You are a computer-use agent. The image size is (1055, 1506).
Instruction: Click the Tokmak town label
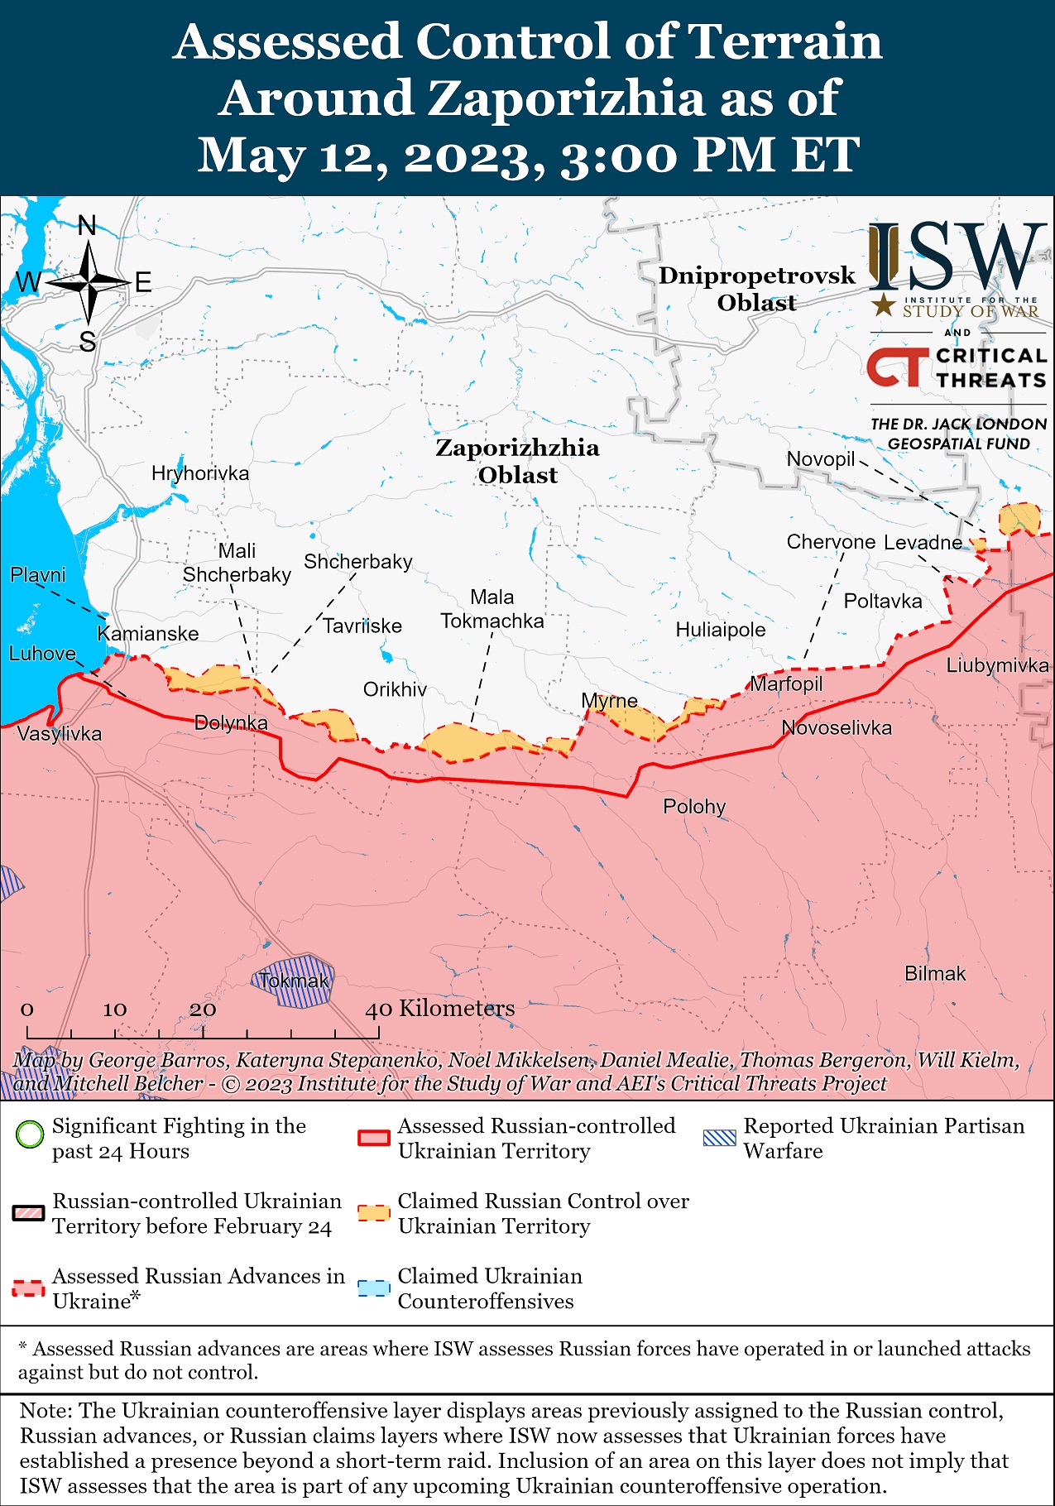click(294, 981)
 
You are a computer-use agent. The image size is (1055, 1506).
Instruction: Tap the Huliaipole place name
click(720, 630)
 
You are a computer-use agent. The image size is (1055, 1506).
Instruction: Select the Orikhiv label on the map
click(395, 689)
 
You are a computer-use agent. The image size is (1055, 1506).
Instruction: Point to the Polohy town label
click(693, 806)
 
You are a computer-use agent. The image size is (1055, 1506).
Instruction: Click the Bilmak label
click(934, 973)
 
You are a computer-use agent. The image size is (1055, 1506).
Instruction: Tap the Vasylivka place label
click(60, 733)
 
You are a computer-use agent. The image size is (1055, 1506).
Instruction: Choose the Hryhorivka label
click(199, 473)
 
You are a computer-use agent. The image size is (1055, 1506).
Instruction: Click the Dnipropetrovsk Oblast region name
click(756, 289)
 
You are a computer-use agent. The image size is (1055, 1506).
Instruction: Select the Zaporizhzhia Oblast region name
click(517, 461)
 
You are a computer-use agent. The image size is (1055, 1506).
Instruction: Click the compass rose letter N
click(87, 225)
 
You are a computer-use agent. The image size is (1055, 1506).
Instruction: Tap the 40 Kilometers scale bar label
click(440, 1008)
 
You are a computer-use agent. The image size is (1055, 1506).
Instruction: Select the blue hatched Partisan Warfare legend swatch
click(718, 1137)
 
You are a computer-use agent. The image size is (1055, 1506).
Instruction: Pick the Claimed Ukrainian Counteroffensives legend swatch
click(373, 1288)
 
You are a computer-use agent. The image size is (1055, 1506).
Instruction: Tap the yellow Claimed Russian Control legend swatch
click(373, 1213)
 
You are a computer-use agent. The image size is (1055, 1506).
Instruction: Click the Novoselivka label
click(837, 727)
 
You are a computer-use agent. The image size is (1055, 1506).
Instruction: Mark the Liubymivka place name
click(997, 664)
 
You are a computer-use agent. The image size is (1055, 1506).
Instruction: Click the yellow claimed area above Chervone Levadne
click(1019, 519)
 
